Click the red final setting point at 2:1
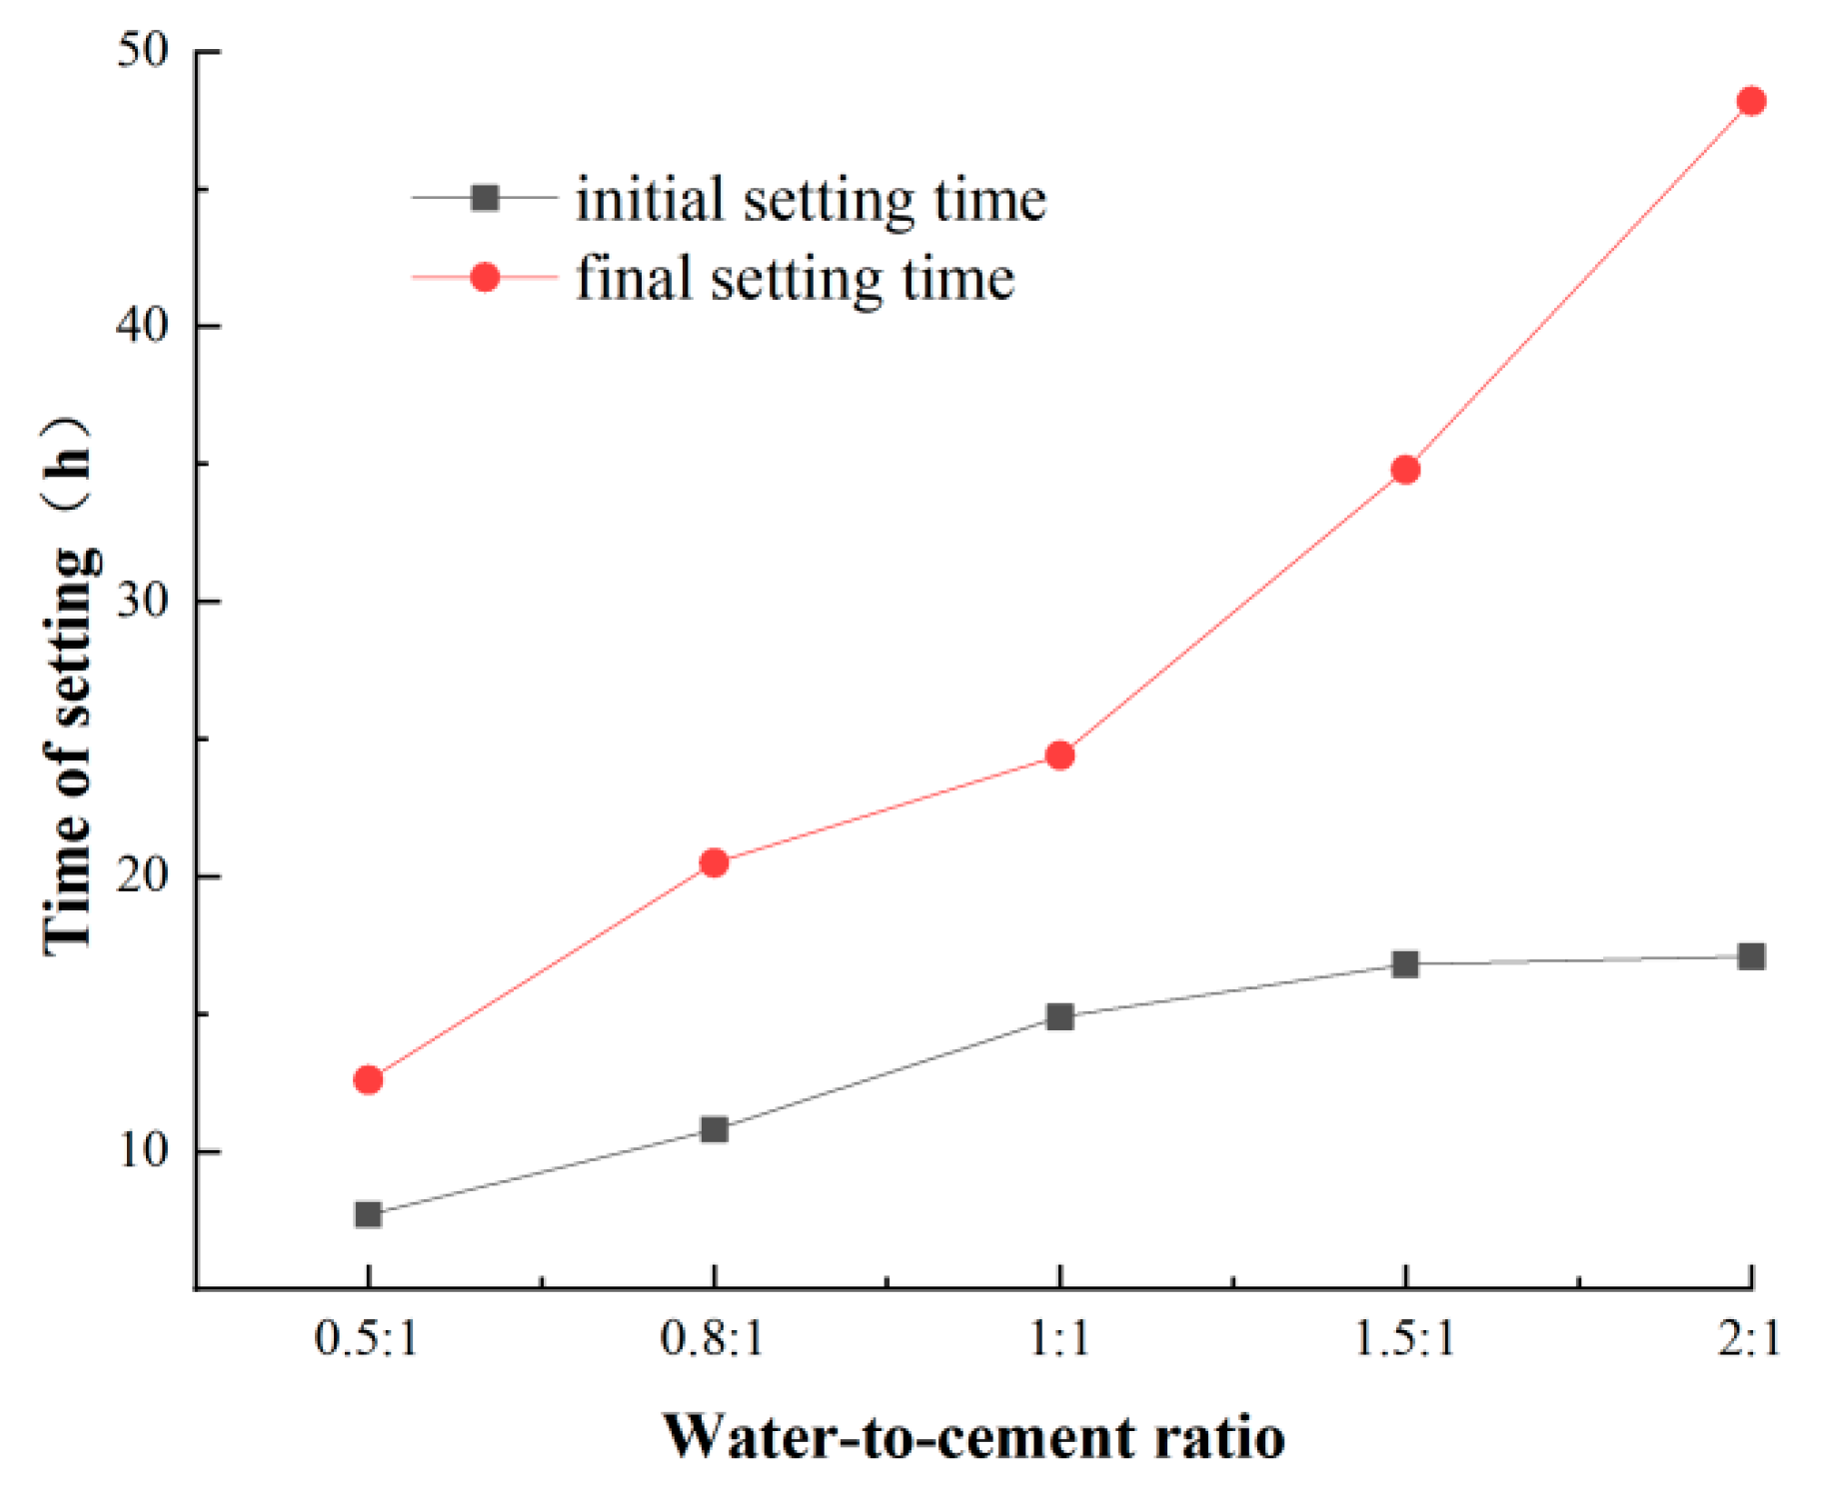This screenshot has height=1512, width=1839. (1751, 101)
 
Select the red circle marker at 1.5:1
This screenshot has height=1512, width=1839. (1405, 470)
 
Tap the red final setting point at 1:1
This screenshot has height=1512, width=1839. (1059, 756)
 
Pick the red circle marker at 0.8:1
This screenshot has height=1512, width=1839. (714, 862)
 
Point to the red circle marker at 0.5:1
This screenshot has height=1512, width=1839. (368, 1079)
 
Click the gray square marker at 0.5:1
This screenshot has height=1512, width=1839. (368, 1214)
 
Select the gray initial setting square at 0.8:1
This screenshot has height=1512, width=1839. (714, 1129)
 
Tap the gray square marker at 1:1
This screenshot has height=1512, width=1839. (1059, 1017)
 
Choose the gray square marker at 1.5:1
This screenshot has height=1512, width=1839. (1405, 963)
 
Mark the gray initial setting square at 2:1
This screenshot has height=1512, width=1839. (1751, 956)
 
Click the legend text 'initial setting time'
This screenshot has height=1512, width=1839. (811, 200)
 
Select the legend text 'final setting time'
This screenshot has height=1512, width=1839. (795, 278)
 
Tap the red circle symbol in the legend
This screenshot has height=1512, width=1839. (485, 277)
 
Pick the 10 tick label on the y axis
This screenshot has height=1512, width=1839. (142, 1150)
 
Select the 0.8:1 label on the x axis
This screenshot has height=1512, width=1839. (712, 1337)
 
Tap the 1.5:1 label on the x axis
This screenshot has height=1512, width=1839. (1404, 1337)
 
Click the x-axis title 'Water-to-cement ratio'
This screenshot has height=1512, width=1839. (973, 1437)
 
